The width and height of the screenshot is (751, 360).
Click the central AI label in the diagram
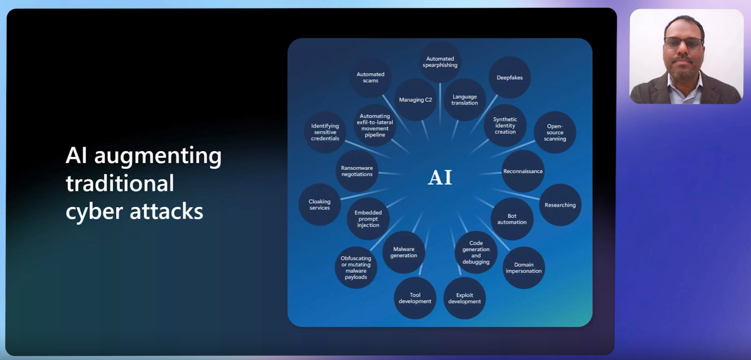pyautogui.click(x=440, y=177)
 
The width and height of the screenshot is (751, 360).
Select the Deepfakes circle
pyautogui.click(x=509, y=77)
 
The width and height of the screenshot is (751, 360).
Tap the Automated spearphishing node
pyautogui.click(x=440, y=62)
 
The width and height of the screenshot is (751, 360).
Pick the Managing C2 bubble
pyautogui.click(x=416, y=100)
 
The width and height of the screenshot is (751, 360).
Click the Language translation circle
pyautogui.click(x=464, y=100)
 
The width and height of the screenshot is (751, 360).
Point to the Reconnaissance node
pyautogui.click(x=523, y=171)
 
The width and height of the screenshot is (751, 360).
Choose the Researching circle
pyautogui.click(x=560, y=205)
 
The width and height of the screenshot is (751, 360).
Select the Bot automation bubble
pyautogui.click(x=512, y=219)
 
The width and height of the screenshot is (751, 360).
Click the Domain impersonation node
pyautogui.click(x=524, y=268)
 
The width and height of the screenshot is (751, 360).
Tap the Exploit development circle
pyautogui.click(x=464, y=298)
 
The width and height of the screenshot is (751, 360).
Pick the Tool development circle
pyautogui.click(x=415, y=298)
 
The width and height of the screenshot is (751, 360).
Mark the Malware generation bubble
pyautogui.click(x=403, y=252)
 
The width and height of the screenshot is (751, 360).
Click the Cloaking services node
pyautogui.click(x=319, y=205)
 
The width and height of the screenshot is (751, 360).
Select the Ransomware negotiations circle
pyautogui.click(x=357, y=171)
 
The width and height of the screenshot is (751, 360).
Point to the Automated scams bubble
pyautogui.click(x=370, y=77)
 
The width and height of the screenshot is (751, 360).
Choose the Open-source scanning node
pyautogui.click(x=555, y=133)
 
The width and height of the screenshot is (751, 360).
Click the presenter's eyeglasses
pyautogui.click(x=683, y=43)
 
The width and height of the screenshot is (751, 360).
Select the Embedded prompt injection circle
pyautogui.click(x=368, y=219)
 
